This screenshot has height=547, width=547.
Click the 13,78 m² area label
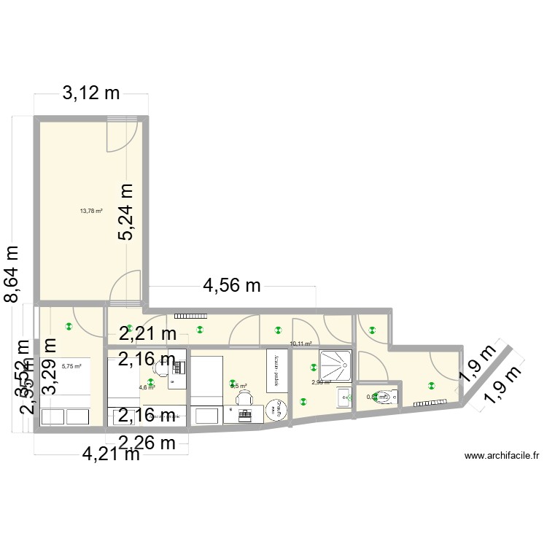click(x=91, y=212)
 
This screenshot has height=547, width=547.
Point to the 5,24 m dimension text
click(x=127, y=212)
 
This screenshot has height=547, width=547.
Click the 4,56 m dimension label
click(x=231, y=286)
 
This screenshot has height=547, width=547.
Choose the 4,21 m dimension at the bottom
click(x=111, y=454)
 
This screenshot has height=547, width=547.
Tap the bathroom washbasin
click(x=344, y=397)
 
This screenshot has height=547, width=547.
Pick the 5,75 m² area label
click(x=71, y=368)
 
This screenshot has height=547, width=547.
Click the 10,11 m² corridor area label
click(x=300, y=344)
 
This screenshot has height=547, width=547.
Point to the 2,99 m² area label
click(x=321, y=381)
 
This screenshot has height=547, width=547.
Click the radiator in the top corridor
click(x=191, y=317)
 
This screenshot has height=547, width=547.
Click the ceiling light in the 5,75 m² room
click(x=69, y=327)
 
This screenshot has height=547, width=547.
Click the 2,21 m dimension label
click(x=148, y=335)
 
